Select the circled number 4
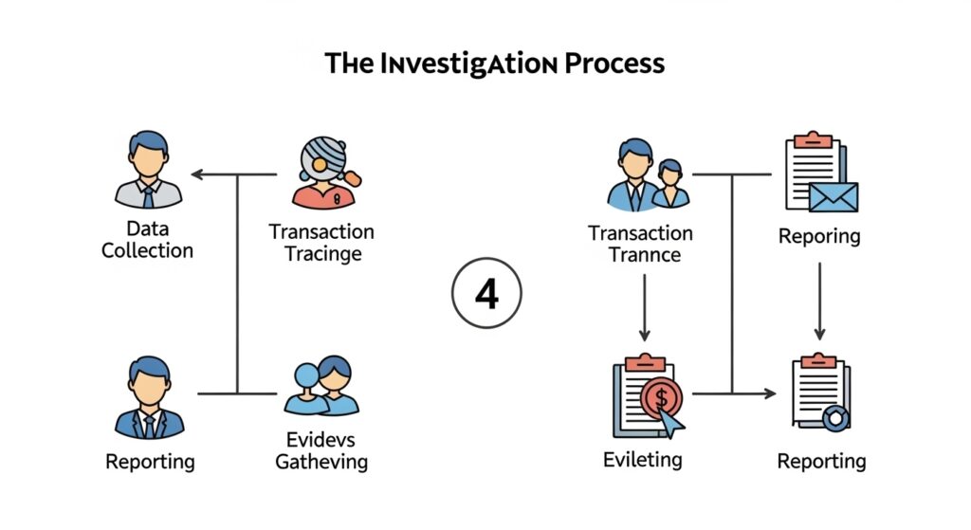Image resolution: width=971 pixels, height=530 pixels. [x=485, y=295]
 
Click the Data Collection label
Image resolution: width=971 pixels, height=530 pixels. [x=147, y=240]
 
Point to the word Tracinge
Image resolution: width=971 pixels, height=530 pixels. [x=322, y=253]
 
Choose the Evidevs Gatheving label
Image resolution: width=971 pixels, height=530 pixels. [x=321, y=450]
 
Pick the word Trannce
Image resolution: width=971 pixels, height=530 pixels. [x=640, y=254]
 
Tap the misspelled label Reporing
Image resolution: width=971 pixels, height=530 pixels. [x=819, y=236]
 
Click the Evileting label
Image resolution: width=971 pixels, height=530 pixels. [x=642, y=460]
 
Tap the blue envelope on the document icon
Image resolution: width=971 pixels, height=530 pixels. [x=834, y=197]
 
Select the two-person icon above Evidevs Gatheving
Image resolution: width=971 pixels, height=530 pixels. [x=322, y=386]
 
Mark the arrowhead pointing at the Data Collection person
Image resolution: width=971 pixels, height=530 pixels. [x=196, y=175]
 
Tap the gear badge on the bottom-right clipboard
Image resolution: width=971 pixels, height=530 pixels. [x=836, y=417]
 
